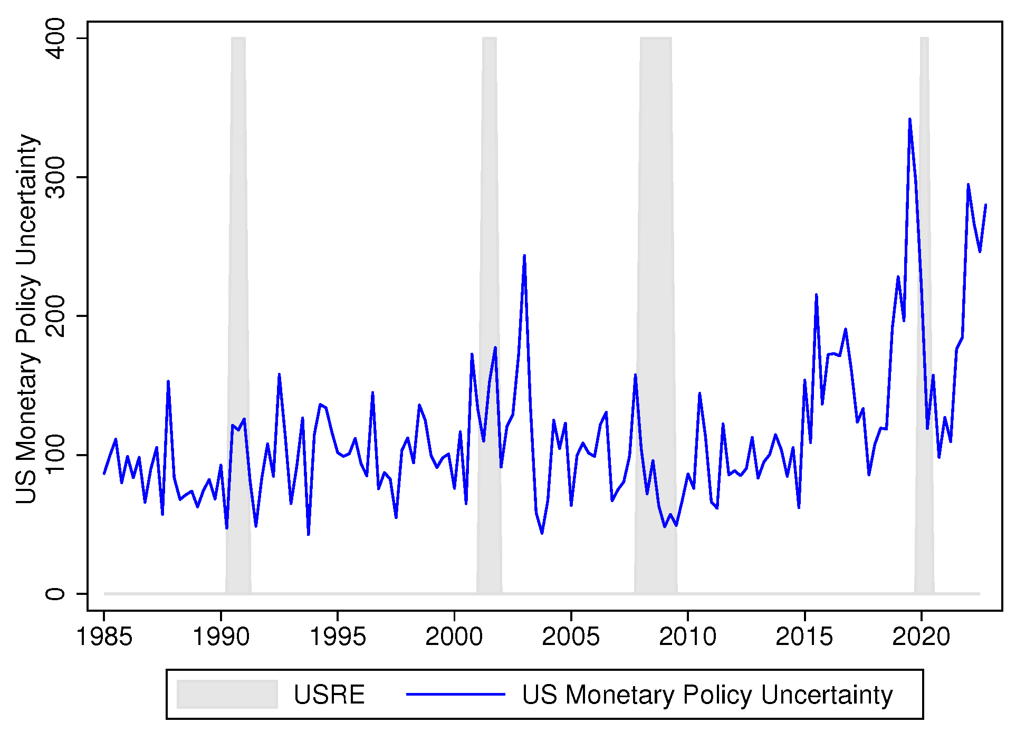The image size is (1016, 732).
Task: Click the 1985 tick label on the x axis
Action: click(x=104, y=637)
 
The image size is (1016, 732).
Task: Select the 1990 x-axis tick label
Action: click(x=221, y=637)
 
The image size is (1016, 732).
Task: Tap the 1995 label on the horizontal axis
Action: click(x=337, y=637)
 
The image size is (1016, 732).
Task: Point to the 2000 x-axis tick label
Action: click(x=454, y=637)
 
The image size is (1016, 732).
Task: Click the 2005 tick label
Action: click(x=570, y=637)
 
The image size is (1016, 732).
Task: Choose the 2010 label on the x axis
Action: click(x=687, y=637)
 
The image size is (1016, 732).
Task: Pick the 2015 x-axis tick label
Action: click(x=804, y=637)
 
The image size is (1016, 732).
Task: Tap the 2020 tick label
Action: click(x=921, y=637)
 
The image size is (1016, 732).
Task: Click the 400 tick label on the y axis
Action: click(x=55, y=38)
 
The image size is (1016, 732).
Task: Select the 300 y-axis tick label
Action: click(x=55, y=177)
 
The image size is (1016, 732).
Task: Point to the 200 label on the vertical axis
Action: click(x=55, y=316)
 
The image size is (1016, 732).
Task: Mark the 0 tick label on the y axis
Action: click(x=55, y=594)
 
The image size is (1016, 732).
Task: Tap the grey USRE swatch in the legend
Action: click(x=227, y=694)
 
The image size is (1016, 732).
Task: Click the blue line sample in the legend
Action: click(x=455, y=694)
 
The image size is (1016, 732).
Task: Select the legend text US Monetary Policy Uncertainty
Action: click(x=707, y=695)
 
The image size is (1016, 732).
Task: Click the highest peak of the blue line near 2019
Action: click(x=909, y=120)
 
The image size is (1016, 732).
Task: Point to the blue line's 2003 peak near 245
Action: click(x=524, y=256)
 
